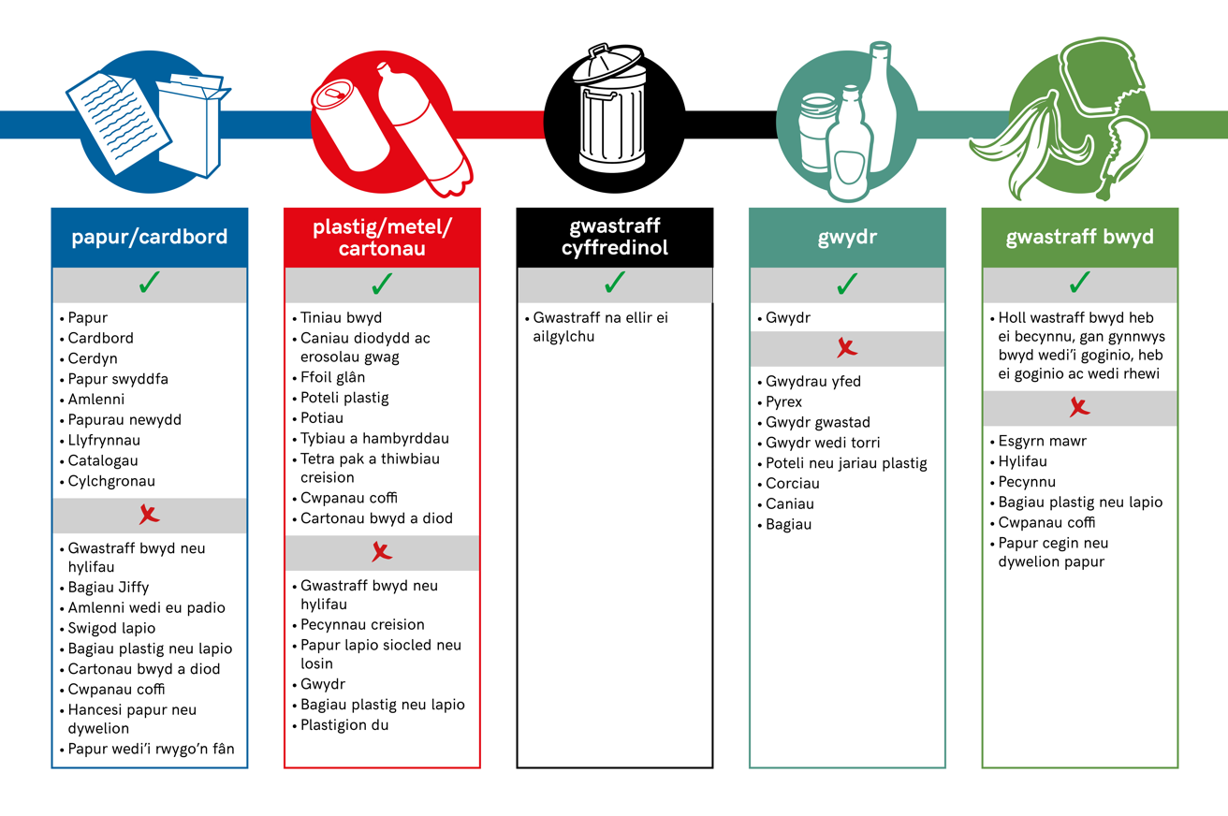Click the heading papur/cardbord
pos(150,237)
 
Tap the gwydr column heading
pos(847,237)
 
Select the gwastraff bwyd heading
pos(1079,237)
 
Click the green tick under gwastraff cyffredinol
pos(615,283)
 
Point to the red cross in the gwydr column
pos(847,348)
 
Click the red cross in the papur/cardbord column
pos(150,515)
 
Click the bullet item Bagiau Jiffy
pos(109,588)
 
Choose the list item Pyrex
pos(783,402)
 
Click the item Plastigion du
pos(344,725)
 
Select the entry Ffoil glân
pos(332,378)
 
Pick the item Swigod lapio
pos(111,628)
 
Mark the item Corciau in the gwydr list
pos(792,484)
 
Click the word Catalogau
pos(103,460)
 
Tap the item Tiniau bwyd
pos(341,318)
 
